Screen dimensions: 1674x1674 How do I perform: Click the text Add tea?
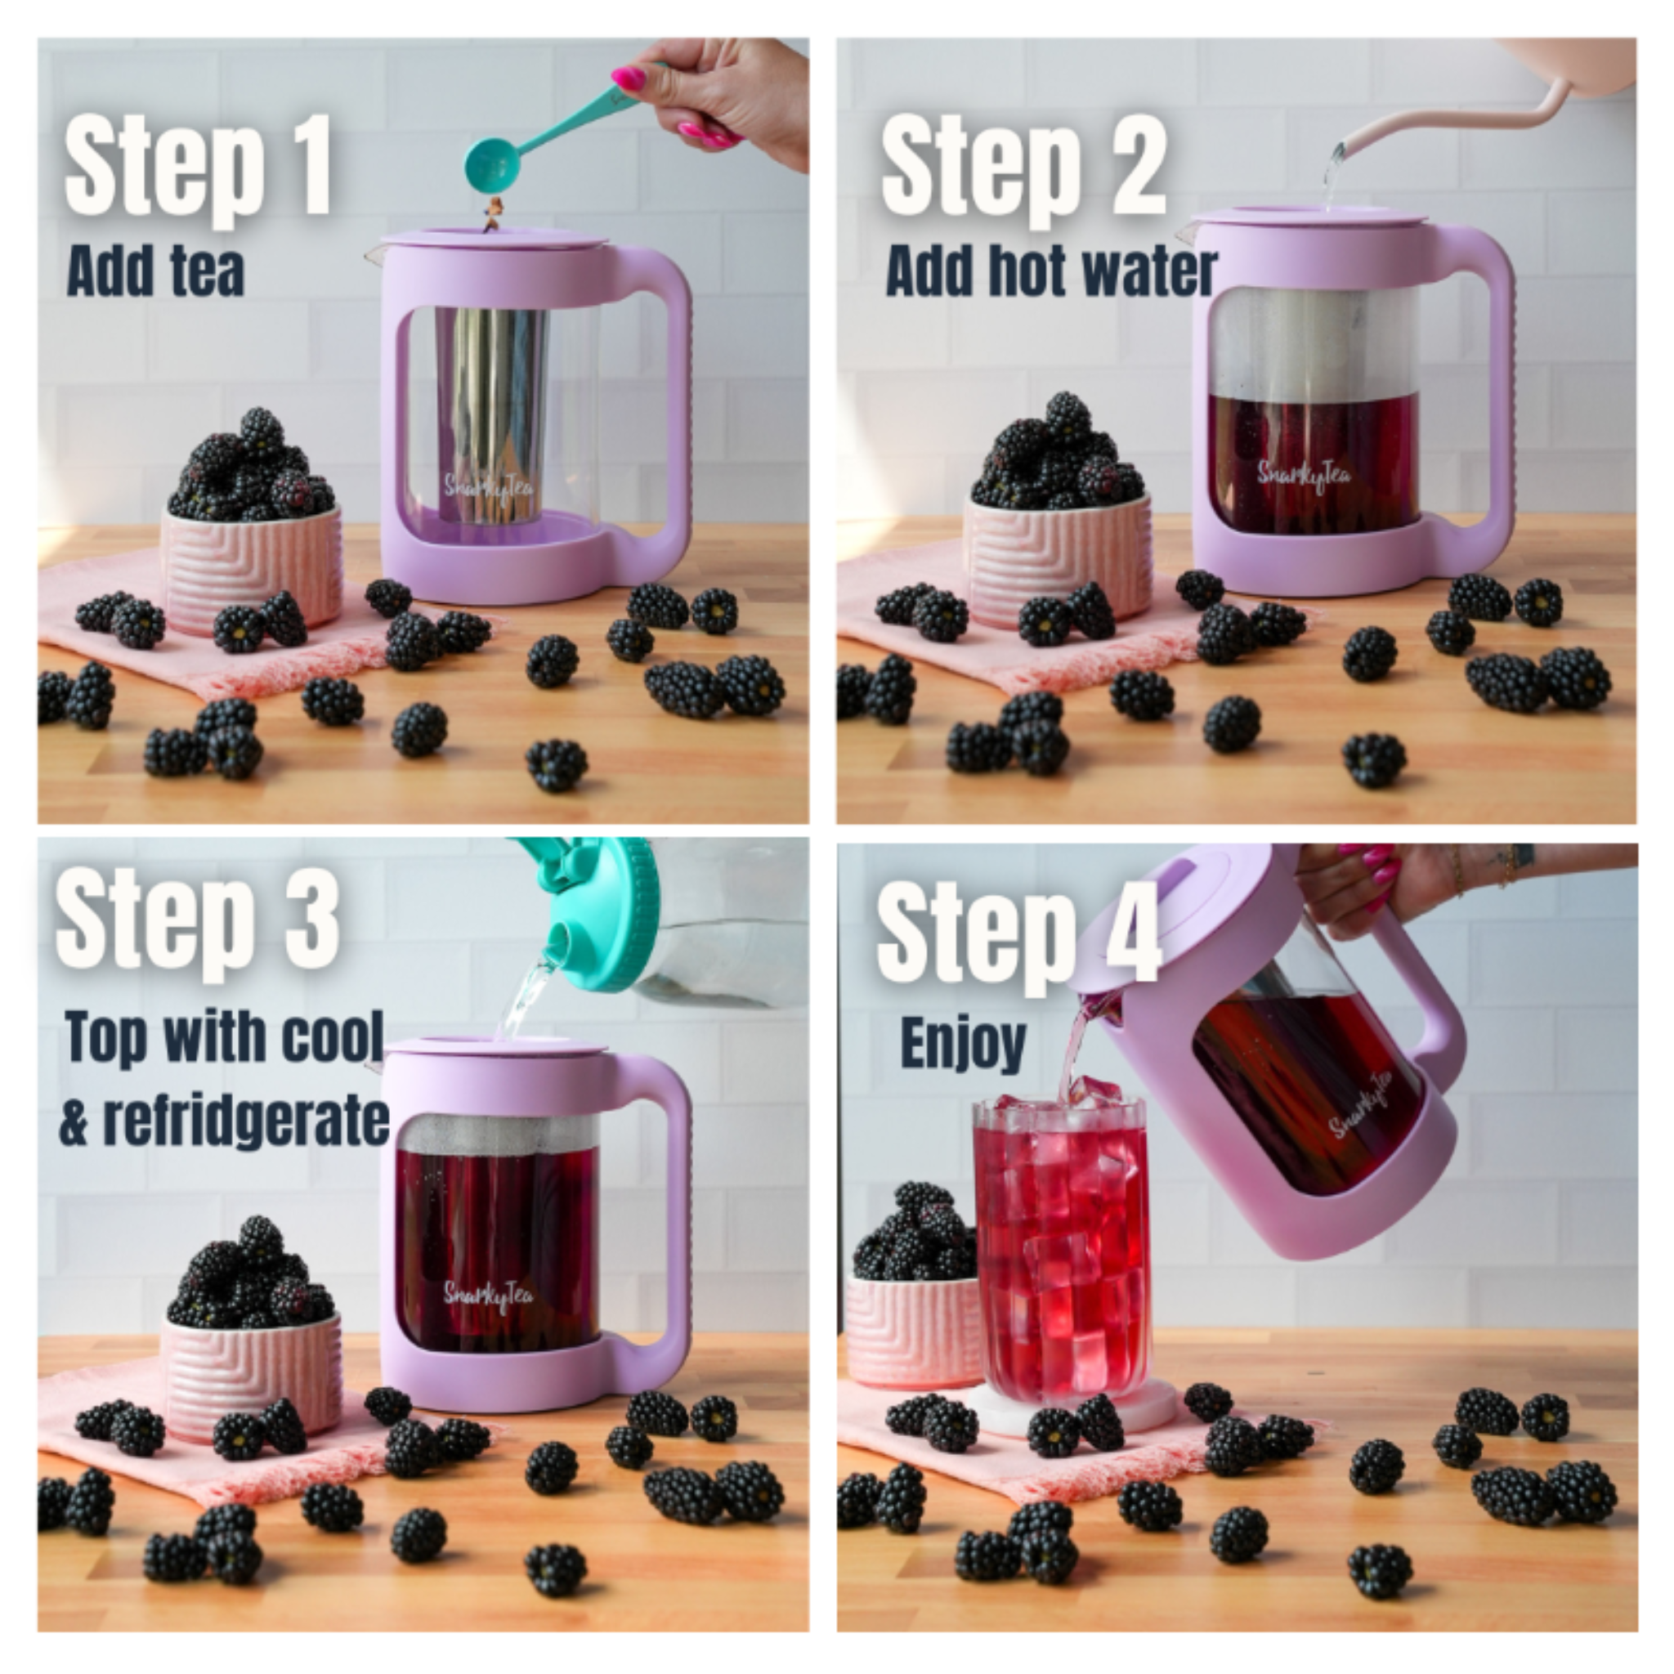(x=156, y=271)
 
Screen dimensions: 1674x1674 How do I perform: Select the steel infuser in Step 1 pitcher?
(x=490, y=407)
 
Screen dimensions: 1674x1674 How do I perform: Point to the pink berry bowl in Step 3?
(x=251, y=1369)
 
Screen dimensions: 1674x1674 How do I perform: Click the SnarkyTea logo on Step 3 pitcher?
(x=489, y=1296)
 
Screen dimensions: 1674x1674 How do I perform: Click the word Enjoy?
(x=963, y=1043)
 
